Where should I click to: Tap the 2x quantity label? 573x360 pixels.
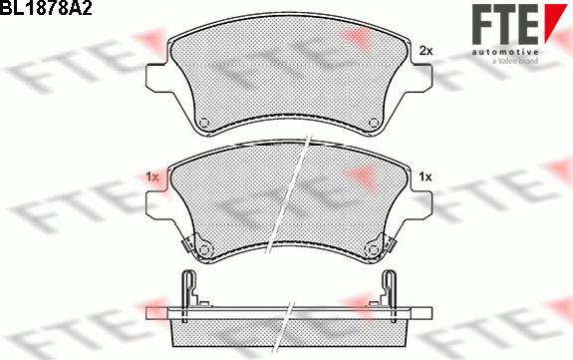[x=426, y=50]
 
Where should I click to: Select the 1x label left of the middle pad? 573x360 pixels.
[x=151, y=177]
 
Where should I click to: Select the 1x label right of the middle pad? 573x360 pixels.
[x=426, y=177]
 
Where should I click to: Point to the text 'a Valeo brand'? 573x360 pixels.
[x=514, y=61]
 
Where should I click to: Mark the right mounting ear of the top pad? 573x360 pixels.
[x=422, y=74]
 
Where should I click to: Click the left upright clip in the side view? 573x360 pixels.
[x=186, y=290]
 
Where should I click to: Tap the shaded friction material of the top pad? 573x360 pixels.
[x=289, y=75]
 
